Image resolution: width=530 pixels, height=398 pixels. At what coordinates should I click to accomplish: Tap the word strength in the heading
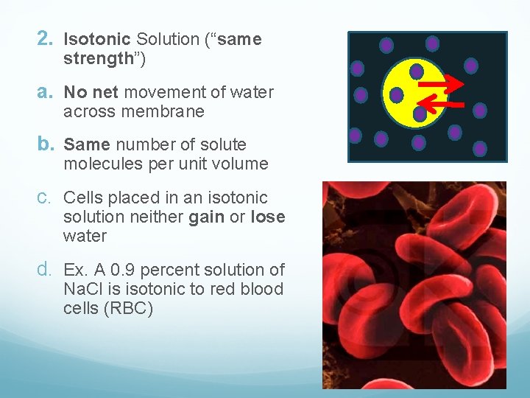(x=97, y=59)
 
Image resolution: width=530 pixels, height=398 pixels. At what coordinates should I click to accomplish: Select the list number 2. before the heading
(x=46, y=38)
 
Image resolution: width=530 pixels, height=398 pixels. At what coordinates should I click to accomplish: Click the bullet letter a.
(x=46, y=92)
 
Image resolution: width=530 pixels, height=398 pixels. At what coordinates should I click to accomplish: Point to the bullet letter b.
(x=46, y=144)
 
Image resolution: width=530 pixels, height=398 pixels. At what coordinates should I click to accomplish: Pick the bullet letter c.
(x=46, y=198)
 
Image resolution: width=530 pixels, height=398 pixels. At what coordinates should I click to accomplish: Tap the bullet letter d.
(x=46, y=270)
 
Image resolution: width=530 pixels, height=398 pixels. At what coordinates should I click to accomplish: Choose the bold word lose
(x=267, y=217)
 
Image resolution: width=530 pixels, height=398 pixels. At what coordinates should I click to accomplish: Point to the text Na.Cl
(x=84, y=289)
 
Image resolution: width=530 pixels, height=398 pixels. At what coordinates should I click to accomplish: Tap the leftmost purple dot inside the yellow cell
(x=396, y=95)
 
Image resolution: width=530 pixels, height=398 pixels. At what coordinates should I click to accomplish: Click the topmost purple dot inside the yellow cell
(x=417, y=71)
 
